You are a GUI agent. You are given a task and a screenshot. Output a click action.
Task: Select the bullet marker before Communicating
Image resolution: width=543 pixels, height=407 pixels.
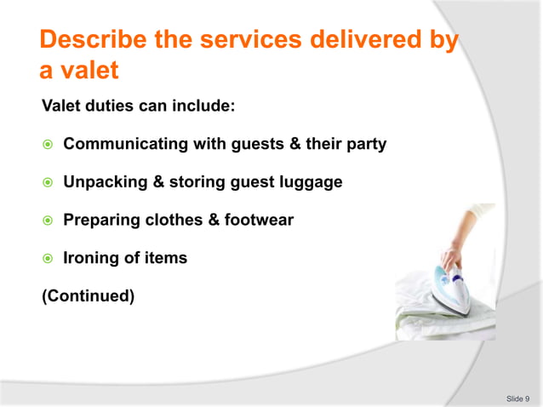[x=49, y=145]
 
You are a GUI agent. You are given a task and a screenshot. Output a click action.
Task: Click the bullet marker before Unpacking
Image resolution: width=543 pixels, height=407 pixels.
[x=49, y=182]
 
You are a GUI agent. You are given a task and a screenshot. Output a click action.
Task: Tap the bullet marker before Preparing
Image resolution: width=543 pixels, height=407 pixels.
[x=49, y=221]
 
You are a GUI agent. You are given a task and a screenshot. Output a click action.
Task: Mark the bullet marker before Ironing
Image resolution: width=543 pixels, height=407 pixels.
[x=49, y=259]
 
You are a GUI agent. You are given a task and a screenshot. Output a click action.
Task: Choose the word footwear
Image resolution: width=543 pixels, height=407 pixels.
[x=262, y=221]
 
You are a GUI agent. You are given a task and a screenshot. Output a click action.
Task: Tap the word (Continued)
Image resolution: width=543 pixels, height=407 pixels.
[x=88, y=296]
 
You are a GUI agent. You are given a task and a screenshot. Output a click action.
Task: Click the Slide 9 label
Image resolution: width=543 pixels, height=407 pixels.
[x=517, y=398]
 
